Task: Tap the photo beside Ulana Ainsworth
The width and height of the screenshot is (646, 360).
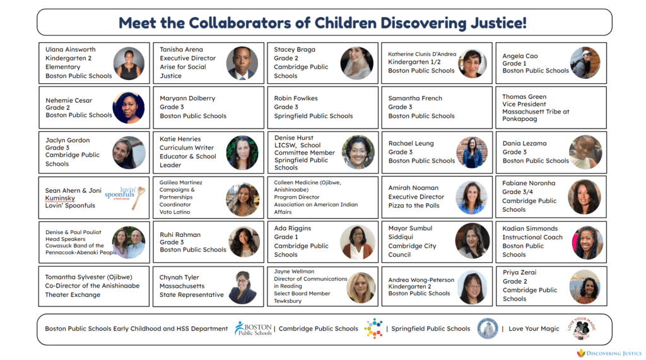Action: click(129, 63)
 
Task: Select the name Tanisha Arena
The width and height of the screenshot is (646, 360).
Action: click(181, 49)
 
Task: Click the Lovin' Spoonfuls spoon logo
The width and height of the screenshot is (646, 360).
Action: click(125, 197)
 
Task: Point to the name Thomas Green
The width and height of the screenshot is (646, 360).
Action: click(524, 97)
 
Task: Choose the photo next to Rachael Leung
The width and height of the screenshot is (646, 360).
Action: click(472, 153)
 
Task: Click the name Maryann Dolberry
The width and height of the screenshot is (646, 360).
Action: click(187, 98)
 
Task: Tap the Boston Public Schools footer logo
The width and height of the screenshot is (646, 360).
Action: click(253, 328)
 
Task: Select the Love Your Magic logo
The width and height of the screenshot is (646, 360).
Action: click(582, 328)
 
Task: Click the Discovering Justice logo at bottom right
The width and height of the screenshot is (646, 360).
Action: click(609, 353)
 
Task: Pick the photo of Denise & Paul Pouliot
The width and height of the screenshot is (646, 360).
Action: click(129, 242)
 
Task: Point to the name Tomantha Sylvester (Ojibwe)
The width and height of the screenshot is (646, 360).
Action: click(88, 277)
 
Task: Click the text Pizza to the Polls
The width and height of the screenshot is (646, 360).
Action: click(414, 206)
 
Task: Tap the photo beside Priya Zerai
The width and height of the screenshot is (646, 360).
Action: click(585, 287)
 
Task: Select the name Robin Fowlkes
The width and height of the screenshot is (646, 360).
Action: click(296, 98)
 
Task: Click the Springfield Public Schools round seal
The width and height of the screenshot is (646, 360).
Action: click(488, 328)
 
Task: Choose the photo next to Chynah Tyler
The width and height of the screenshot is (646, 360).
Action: click(244, 287)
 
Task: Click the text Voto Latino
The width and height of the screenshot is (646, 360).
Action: click(175, 212)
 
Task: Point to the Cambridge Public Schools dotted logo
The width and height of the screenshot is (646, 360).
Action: click(373, 328)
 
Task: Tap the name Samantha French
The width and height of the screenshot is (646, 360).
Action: click(415, 98)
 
